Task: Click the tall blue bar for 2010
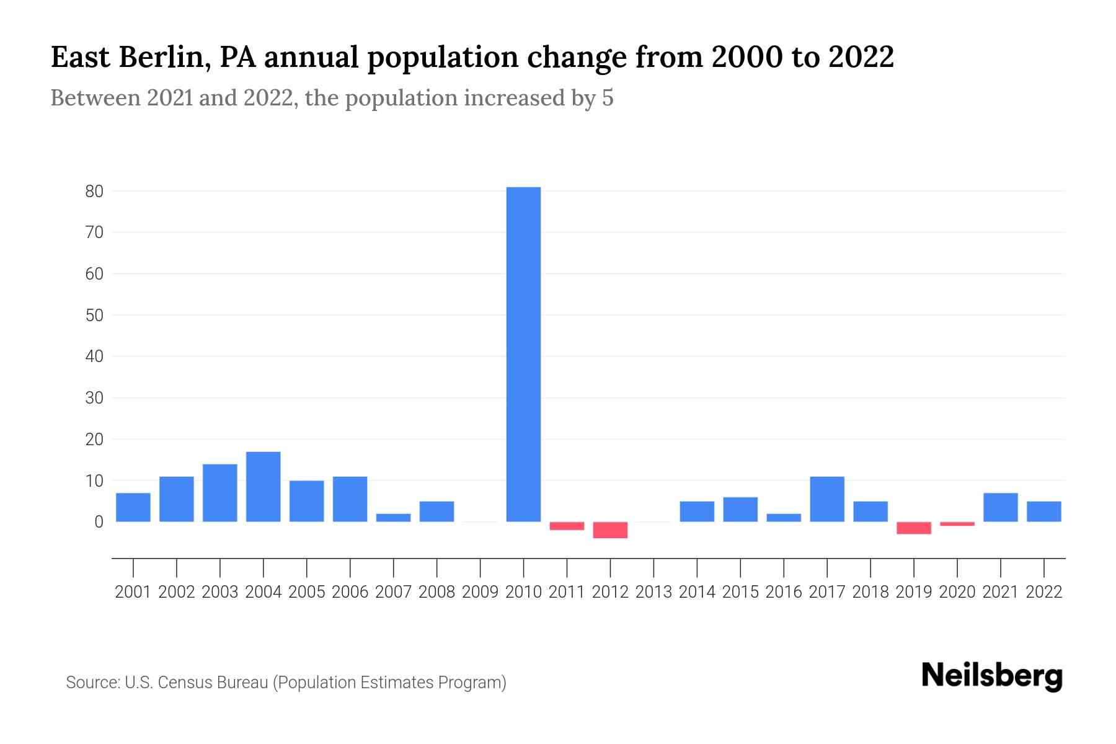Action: [x=523, y=354]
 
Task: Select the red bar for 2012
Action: [x=610, y=530]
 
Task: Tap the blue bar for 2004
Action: [x=263, y=487]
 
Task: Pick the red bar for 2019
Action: [x=914, y=528]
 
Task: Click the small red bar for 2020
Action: [x=957, y=524]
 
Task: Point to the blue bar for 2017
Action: [x=827, y=499]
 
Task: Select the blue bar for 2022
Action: [x=1044, y=511]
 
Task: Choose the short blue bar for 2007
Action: [x=393, y=518]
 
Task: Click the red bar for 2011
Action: [x=567, y=526]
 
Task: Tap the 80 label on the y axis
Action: [x=94, y=192]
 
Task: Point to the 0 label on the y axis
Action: [x=99, y=522]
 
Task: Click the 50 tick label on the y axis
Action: [x=94, y=316]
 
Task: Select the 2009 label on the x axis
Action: [x=480, y=592]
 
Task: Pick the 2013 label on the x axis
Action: [x=653, y=592]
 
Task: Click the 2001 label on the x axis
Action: [x=133, y=592]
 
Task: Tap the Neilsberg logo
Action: [x=992, y=676]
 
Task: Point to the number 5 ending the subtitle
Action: [x=608, y=98]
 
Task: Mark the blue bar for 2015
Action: [x=740, y=510]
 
